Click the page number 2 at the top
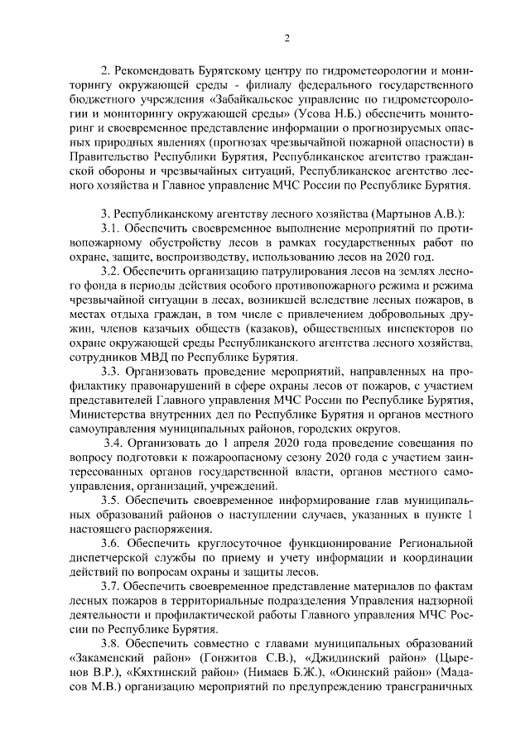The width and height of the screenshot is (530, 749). (x=286, y=37)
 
